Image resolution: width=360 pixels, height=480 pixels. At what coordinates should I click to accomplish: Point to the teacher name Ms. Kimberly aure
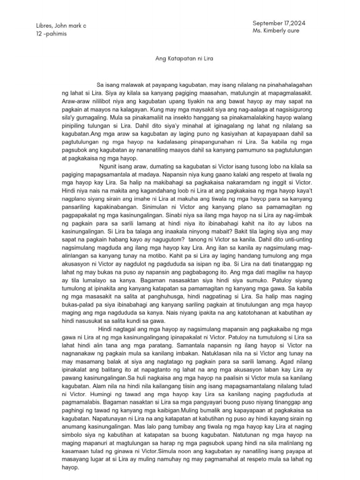[x=276, y=30]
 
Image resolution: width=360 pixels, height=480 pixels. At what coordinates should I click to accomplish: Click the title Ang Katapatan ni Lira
[x=180, y=60]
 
